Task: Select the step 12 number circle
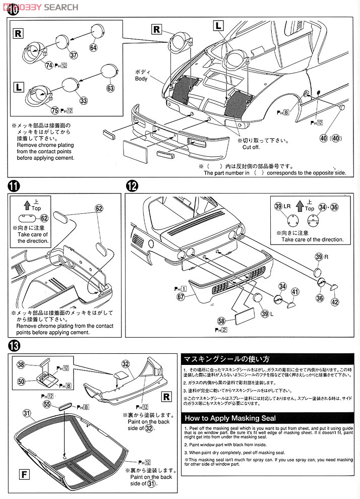coord(132,185)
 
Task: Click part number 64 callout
coord(93,47)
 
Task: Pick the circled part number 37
coord(74,55)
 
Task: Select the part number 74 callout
coord(49,65)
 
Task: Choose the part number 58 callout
coord(221,321)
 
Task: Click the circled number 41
coord(295,291)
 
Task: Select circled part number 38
coord(21,364)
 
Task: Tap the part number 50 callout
coord(21,382)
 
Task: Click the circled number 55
coord(46,404)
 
